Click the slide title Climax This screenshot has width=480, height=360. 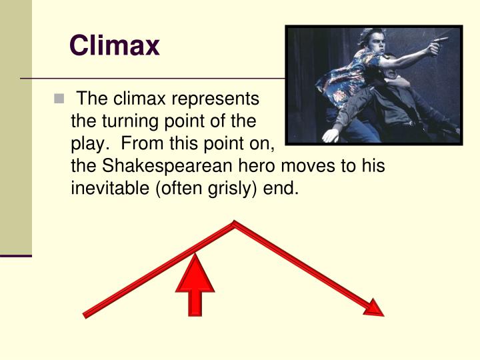pos(115,46)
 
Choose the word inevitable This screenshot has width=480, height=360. pos(110,189)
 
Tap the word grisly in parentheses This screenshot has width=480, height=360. pos(225,189)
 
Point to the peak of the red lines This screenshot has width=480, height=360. pos(233,223)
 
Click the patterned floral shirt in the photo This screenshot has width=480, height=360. pos(347,77)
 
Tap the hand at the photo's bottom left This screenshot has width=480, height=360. pos(330,135)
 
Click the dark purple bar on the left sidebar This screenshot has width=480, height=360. pos(16,255)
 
